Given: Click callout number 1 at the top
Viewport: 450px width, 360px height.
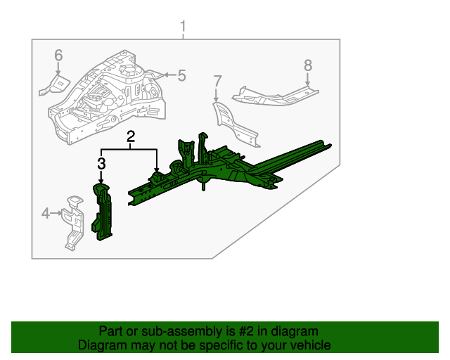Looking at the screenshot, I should pos(183,27).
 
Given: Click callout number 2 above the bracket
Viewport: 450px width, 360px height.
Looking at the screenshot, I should pos(131,138).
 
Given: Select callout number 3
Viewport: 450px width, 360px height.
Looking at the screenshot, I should pos(101,164).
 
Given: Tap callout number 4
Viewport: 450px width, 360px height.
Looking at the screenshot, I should pos(46,213).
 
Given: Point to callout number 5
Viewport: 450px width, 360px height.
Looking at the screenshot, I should pos(181,76).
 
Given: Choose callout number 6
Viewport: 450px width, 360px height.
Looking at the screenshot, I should pos(58,55).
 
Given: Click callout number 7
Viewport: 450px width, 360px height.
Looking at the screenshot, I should pos(217,81).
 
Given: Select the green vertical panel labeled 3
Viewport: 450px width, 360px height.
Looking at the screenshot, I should pos(103,212).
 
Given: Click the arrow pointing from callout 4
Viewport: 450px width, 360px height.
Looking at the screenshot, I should pos(58,213).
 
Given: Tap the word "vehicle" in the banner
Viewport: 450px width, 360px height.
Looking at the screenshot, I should pos(309,345).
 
